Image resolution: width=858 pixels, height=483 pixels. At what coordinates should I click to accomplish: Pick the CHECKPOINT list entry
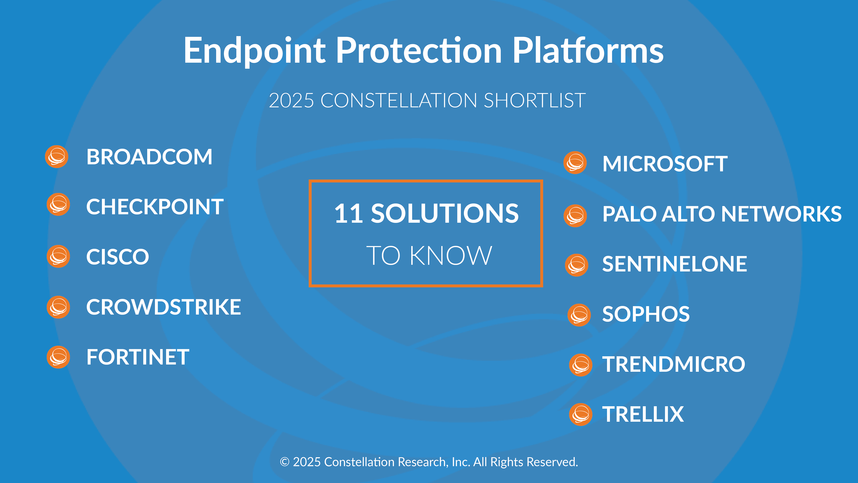pos(155,207)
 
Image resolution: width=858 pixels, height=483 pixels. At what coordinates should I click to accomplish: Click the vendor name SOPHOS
pos(646,314)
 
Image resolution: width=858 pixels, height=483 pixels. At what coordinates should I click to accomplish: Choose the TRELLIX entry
pos(643,414)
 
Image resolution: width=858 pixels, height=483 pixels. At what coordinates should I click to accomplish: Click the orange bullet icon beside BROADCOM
pos(57,157)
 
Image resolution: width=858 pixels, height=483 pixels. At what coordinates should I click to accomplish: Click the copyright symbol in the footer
pos(284,462)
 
